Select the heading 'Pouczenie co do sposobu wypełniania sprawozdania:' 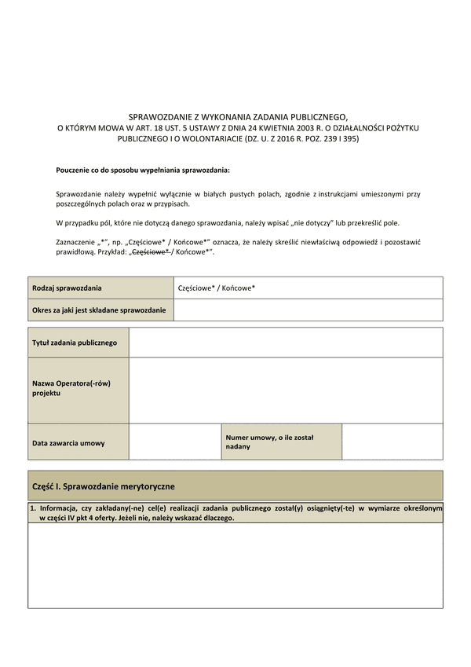pyautogui.click(x=143, y=170)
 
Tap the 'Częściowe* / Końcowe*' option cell pyautogui.click(x=217, y=288)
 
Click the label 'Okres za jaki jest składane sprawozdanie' pyautogui.click(x=99, y=310)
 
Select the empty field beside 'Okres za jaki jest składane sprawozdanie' pyautogui.click(x=308, y=310)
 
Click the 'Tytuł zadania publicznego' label pyautogui.click(x=75, y=343)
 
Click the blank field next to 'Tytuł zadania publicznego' pyautogui.click(x=286, y=343)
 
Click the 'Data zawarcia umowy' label pyautogui.click(x=68, y=443)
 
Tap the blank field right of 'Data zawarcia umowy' pyautogui.click(x=173, y=442)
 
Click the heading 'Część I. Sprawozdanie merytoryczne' pyautogui.click(x=103, y=486)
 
